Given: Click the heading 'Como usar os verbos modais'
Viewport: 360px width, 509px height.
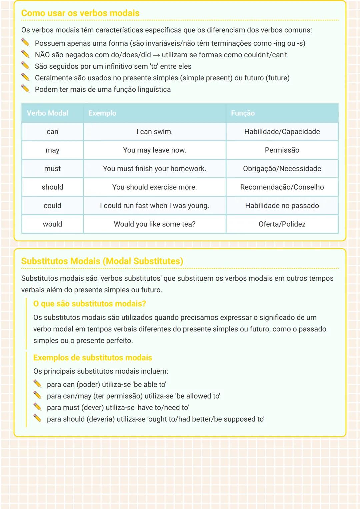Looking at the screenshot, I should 80,13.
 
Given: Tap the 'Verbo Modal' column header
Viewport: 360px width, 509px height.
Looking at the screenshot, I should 47,113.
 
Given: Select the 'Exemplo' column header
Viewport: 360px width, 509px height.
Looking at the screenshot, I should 102,113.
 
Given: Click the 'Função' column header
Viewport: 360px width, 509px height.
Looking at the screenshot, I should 243,113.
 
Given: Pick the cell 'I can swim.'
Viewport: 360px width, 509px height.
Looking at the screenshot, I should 154,132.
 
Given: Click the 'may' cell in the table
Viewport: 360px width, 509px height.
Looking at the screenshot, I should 52,150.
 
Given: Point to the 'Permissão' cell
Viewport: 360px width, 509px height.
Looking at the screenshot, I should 282,150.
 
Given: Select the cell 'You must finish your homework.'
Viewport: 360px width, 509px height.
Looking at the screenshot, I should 154,169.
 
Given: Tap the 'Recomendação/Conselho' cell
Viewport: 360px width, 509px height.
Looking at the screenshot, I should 282,187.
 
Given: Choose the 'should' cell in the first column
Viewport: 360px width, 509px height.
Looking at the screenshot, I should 52,187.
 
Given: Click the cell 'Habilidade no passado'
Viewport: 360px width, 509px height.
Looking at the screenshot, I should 282,206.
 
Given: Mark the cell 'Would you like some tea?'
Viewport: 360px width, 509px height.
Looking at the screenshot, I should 154,224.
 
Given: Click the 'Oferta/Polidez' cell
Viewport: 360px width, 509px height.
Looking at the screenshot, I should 282,224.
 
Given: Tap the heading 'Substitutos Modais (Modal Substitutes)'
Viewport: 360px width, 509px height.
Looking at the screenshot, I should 102,261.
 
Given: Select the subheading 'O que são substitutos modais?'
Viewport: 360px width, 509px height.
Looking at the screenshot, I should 89,304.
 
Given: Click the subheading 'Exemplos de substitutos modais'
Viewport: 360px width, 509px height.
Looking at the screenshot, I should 93,358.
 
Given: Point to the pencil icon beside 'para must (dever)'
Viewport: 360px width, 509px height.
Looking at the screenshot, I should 37,407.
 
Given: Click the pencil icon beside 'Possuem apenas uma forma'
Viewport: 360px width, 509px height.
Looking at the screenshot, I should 25,43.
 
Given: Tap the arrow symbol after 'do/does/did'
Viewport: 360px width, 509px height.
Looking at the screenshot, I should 156,55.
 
